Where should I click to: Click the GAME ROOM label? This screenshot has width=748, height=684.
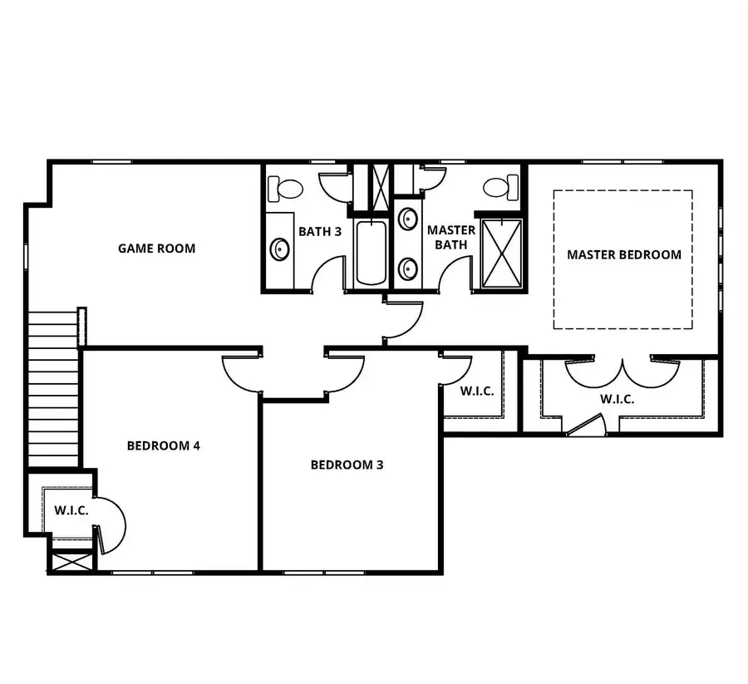click(x=156, y=248)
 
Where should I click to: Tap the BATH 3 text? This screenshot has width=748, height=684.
click(x=320, y=231)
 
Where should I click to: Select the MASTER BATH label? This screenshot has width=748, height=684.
click(x=451, y=237)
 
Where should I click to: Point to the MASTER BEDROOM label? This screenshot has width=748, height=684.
click(x=624, y=254)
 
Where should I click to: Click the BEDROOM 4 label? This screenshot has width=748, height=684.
click(x=164, y=445)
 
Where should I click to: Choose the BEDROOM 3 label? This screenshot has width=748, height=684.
click(x=347, y=465)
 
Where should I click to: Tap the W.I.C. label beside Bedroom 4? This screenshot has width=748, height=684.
click(x=71, y=509)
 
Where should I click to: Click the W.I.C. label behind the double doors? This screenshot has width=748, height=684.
click(x=618, y=399)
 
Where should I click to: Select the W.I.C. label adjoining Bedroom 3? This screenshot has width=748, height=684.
click(x=476, y=390)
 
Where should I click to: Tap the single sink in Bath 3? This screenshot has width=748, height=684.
click(x=280, y=249)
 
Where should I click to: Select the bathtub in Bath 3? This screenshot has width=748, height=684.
click(x=371, y=253)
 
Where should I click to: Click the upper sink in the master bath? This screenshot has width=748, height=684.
click(x=408, y=219)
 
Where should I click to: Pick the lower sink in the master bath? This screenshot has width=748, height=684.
click(x=408, y=268)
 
